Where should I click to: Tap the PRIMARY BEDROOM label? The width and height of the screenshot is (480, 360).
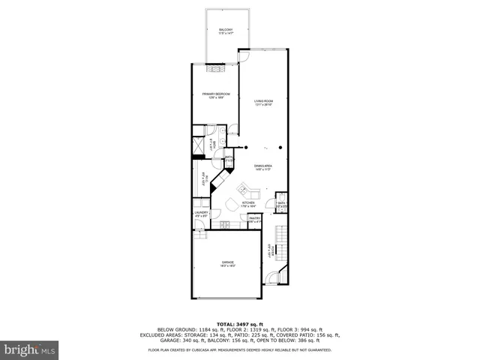215,94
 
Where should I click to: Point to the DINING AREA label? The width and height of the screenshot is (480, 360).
262,167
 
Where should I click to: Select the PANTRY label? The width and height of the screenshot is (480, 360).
254,220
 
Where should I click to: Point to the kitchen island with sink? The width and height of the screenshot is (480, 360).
245,189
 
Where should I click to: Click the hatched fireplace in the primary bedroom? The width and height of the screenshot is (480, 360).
217,68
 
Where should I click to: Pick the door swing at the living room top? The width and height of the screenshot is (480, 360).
244,55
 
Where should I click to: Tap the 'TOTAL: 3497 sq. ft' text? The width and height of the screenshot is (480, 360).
239,322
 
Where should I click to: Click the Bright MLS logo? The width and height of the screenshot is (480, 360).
30,349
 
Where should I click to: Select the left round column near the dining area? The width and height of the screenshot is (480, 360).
245,147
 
